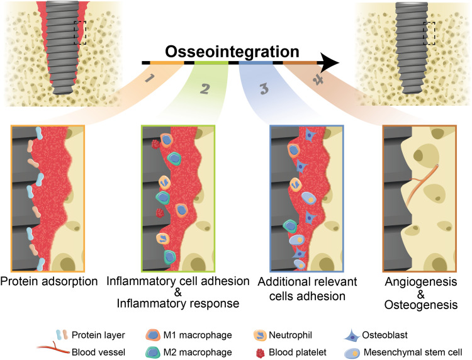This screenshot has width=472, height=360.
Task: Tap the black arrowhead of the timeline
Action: pyautogui.click(x=329, y=63)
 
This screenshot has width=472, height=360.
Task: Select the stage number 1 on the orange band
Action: pyautogui.click(x=149, y=79)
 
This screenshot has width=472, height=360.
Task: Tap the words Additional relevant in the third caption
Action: pyautogui.click(x=307, y=281)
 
